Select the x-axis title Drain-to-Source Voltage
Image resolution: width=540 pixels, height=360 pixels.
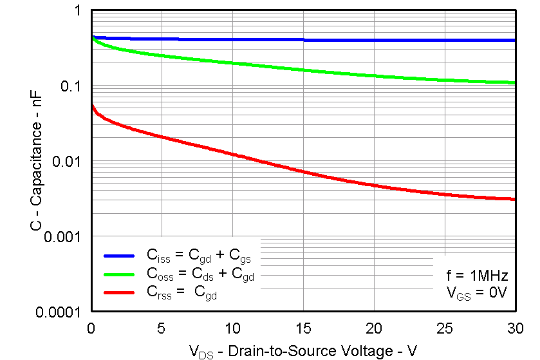tap(303, 351)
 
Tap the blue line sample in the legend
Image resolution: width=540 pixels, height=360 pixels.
tap(119, 256)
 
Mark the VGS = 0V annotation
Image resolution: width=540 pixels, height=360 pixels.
tap(478, 293)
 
